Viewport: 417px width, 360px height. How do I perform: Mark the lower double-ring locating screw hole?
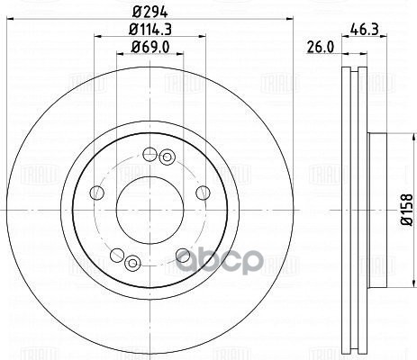click(132, 262)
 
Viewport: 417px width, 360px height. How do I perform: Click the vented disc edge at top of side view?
click(355, 76)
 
